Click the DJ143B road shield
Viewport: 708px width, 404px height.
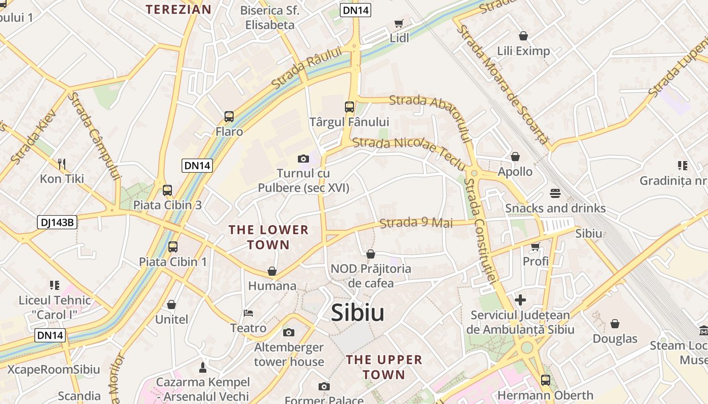tap(57, 222)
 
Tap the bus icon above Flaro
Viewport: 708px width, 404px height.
tap(229, 117)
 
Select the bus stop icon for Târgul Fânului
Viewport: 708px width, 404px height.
tap(349, 107)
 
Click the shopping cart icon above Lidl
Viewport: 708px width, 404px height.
tap(399, 23)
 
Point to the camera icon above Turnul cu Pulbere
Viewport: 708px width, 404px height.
tap(303, 159)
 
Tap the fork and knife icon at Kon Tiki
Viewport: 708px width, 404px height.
tap(62, 164)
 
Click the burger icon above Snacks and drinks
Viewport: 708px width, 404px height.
tap(555, 193)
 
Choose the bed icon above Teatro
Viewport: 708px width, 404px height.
tap(248, 313)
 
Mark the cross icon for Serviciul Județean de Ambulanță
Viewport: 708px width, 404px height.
tap(520, 300)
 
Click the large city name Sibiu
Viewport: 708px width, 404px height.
tap(358, 313)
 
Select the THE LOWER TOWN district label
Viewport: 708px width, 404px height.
tap(269, 237)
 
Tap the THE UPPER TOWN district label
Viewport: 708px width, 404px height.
tap(384, 367)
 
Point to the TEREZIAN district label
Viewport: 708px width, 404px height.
tap(179, 9)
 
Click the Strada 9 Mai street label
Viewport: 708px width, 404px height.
tap(416, 223)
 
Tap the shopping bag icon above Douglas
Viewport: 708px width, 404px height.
tap(615, 324)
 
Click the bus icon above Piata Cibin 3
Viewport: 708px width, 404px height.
tap(167, 190)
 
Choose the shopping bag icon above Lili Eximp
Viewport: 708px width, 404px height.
tap(523, 36)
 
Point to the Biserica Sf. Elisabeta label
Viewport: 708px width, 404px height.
tap(270, 17)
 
